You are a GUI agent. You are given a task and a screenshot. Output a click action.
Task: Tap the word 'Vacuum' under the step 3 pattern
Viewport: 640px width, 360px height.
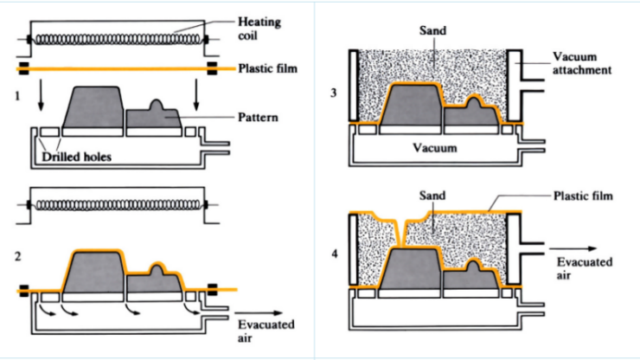(x=434, y=148)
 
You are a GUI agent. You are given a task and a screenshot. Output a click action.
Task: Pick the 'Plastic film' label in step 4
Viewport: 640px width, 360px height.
(x=583, y=196)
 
